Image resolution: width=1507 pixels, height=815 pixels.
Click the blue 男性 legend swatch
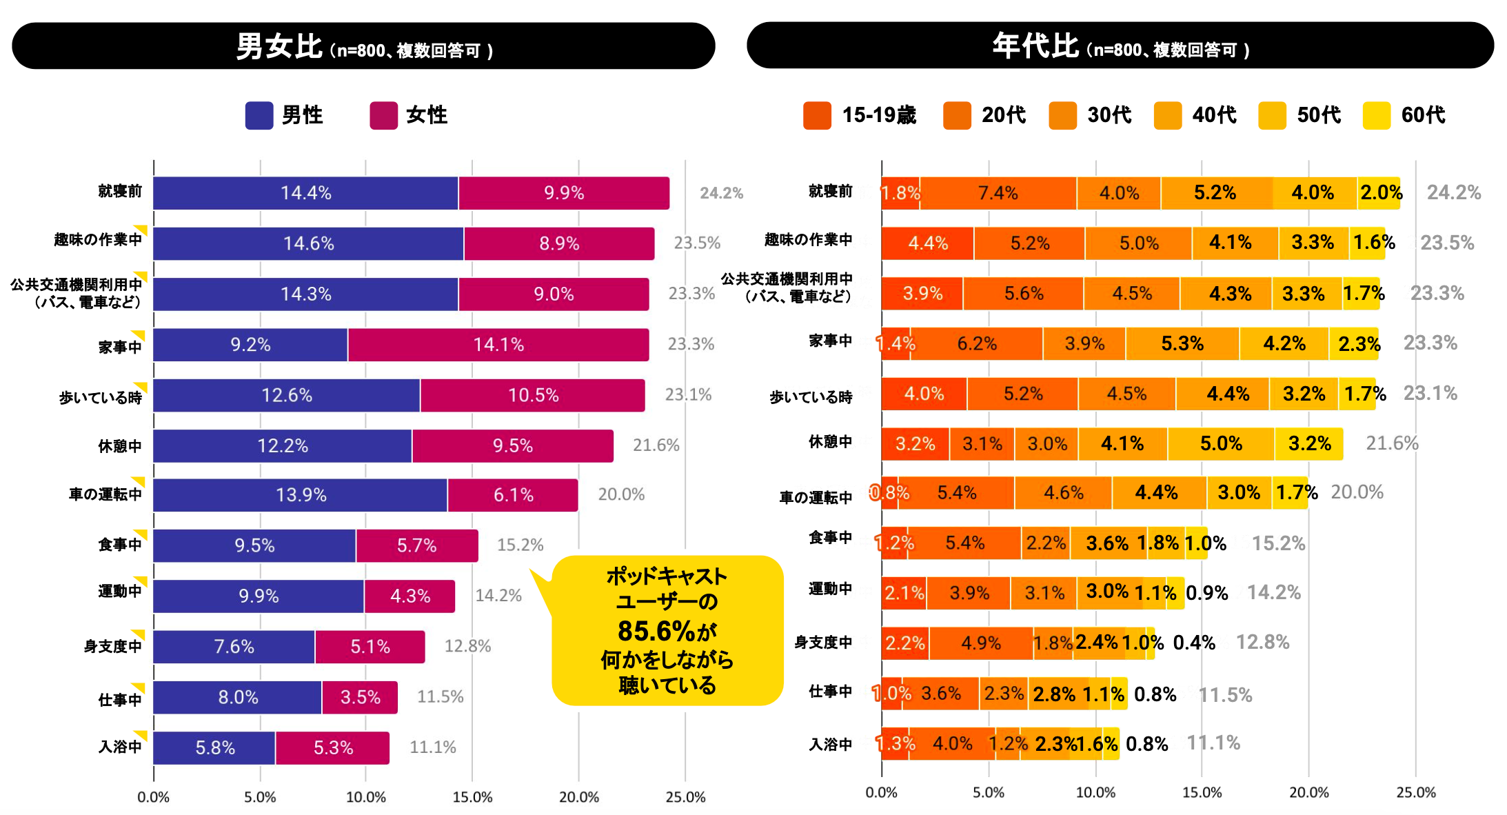[x=259, y=115]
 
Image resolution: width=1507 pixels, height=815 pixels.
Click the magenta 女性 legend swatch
[x=383, y=115]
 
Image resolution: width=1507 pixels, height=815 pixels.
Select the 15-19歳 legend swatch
[x=817, y=115]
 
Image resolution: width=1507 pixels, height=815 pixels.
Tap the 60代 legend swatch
[x=1376, y=115]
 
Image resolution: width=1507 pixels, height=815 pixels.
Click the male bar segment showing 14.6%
[x=308, y=243]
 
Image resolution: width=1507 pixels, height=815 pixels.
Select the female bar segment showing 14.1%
[x=498, y=344]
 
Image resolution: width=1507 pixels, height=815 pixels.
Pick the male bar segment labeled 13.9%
[x=301, y=495]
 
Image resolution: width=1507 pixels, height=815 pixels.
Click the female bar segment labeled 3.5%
[x=360, y=697]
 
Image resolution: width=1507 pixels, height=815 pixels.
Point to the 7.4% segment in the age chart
[x=998, y=193]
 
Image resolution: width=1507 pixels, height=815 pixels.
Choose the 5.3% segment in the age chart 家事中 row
[x=1182, y=343]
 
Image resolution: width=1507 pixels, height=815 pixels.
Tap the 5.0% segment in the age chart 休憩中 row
[x=1221, y=443]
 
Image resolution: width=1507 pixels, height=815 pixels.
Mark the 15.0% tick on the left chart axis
[x=472, y=797]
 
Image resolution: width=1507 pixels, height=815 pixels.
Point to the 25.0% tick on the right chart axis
[x=1416, y=793]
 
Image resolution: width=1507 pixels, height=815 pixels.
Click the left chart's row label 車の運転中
[x=106, y=494]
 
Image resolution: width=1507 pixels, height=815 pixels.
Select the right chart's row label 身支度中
[x=823, y=643]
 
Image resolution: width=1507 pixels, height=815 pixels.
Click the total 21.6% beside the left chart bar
[x=656, y=445]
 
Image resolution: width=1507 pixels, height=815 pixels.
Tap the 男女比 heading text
[x=279, y=47]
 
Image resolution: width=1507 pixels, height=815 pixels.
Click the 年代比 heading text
[x=1035, y=46]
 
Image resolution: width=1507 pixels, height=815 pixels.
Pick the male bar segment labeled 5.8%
[x=214, y=747]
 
